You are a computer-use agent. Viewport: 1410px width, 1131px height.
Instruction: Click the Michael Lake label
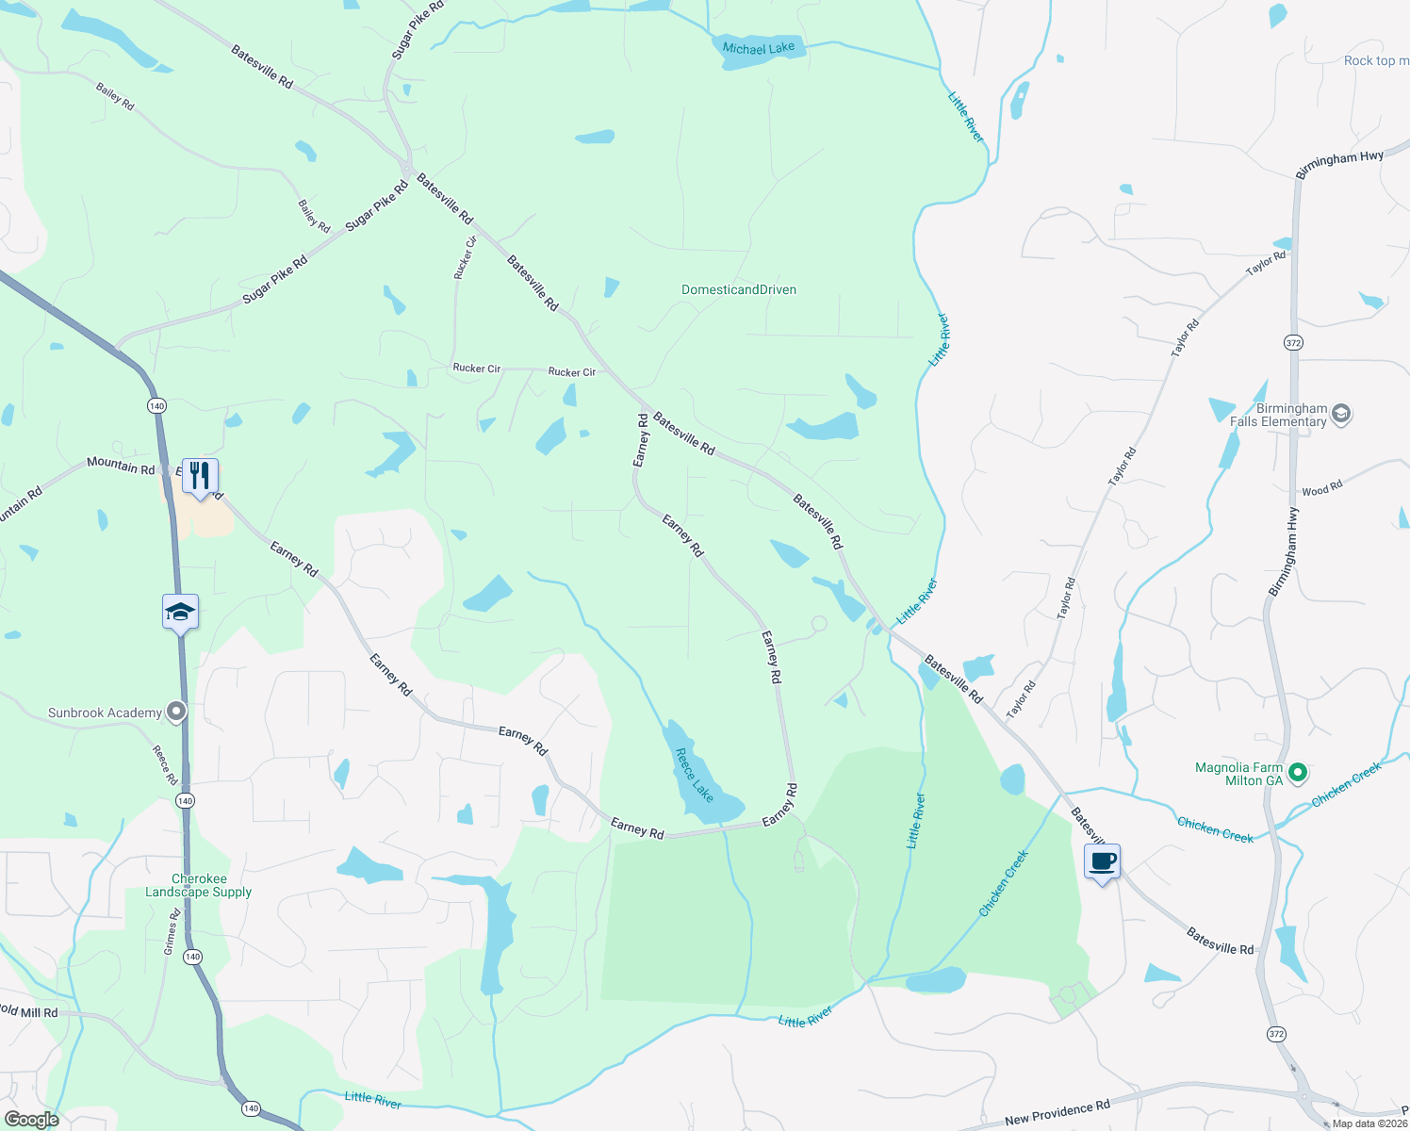[758, 48]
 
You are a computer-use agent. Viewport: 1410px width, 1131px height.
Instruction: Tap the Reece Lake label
[695, 775]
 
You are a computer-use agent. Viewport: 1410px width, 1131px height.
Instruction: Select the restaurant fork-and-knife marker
[200, 476]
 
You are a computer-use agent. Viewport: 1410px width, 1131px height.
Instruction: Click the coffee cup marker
[1102, 861]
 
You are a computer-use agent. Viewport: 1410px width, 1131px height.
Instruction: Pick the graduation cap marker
[180, 613]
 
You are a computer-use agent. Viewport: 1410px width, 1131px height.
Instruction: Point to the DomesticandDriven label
[739, 289]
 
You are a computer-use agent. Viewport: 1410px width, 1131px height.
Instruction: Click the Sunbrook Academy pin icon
[176, 713]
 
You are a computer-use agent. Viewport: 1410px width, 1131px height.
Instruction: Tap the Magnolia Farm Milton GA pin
[1298, 774]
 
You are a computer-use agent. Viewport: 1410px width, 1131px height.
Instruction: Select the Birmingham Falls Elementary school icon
[1341, 414]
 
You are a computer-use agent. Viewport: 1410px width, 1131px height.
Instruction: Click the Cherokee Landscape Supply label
[198, 885]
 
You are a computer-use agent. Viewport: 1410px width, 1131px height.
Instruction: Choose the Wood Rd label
[1321, 489]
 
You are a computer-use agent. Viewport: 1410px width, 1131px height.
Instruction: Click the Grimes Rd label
[172, 932]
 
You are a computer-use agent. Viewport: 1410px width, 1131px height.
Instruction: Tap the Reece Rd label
[165, 765]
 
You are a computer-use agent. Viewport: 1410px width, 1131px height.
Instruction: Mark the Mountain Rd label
[121, 466]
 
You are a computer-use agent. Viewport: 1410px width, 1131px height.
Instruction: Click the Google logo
[32, 1120]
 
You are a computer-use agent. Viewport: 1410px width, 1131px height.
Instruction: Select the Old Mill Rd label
[29, 1011]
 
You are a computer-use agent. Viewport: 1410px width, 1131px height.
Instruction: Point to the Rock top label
[1375, 60]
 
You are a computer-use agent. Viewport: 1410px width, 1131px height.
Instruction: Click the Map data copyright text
[1369, 1123]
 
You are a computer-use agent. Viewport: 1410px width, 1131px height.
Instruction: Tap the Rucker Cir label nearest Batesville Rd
[572, 372]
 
